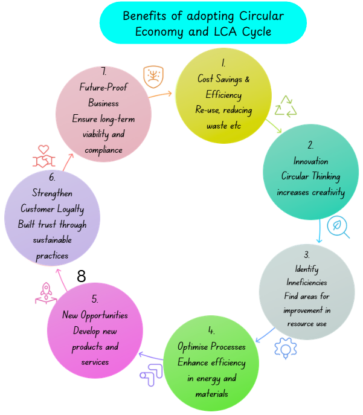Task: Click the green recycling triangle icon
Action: (286, 107)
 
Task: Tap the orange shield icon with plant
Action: (153, 77)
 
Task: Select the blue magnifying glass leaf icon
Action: (338, 227)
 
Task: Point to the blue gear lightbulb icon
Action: (286, 348)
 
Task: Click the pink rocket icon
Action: (46, 293)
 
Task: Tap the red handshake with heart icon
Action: (43, 156)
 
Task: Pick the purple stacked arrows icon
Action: (151, 375)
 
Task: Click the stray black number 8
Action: (81, 276)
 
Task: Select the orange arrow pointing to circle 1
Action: (160, 95)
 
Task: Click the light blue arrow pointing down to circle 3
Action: (320, 231)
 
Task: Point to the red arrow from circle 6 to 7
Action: (68, 162)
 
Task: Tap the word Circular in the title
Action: (262, 16)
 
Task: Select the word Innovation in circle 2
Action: (310, 161)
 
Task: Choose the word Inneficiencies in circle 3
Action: (307, 282)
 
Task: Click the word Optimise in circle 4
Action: (193, 347)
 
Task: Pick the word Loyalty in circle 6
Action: (71, 209)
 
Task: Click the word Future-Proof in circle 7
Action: (103, 87)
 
